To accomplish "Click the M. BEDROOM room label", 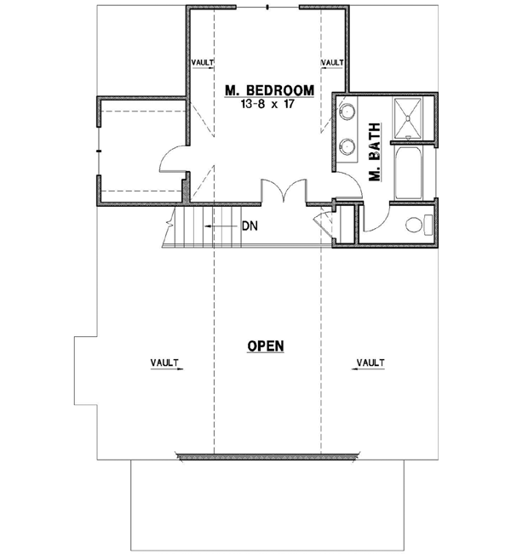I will [x=268, y=89].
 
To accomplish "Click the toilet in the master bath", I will [x=416, y=226].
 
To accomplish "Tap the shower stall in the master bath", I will [x=413, y=117].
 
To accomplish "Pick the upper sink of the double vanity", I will [x=347, y=111].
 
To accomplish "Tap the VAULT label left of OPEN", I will [x=166, y=363].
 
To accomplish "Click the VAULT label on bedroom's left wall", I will [x=201, y=62].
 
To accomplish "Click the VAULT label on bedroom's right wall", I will [x=332, y=62].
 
